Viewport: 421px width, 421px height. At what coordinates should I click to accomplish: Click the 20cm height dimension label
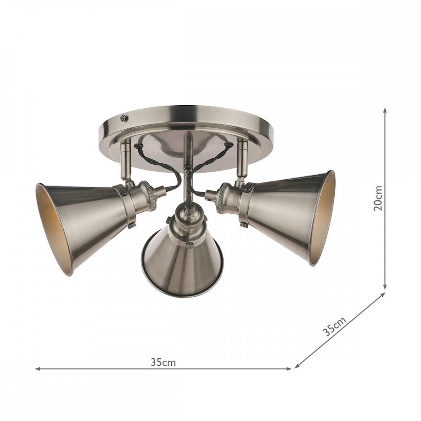(x=378, y=197)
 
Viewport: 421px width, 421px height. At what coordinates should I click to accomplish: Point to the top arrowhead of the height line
(x=385, y=110)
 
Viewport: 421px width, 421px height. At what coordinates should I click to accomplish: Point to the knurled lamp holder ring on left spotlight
(x=148, y=196)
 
